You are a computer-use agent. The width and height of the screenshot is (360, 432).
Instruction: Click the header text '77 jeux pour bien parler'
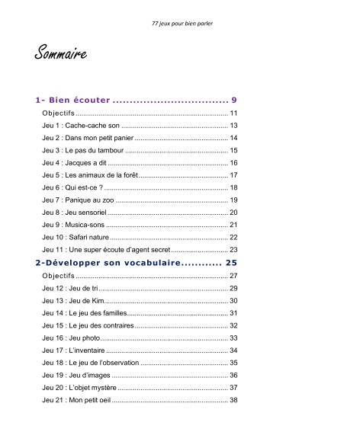182,23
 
